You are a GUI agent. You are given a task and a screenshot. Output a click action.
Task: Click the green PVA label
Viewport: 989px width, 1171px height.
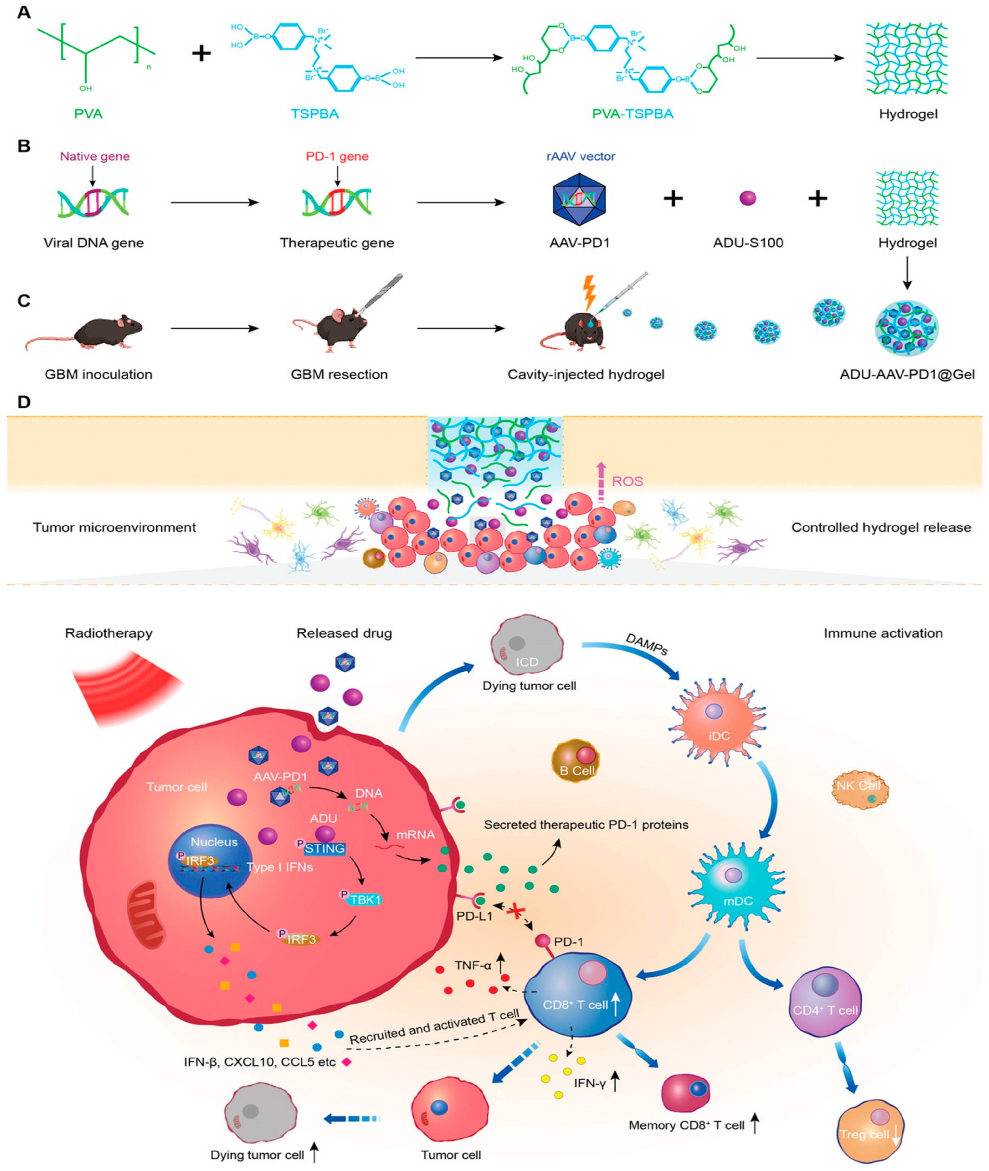pyautogui.click(x=88, y=114)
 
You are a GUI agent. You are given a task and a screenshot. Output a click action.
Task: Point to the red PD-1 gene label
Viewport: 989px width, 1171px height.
pyautogui.click(x=337, y=156)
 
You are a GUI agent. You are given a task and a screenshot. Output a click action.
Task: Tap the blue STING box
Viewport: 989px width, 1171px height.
pyautogui.click(x=324, y=848)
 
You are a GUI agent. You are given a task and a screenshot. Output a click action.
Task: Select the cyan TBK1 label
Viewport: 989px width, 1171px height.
pyautogui.click(x=365, y=900)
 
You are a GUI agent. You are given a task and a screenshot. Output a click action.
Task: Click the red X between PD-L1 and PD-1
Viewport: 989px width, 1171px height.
pyautogui.click(x=514, y=912)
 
